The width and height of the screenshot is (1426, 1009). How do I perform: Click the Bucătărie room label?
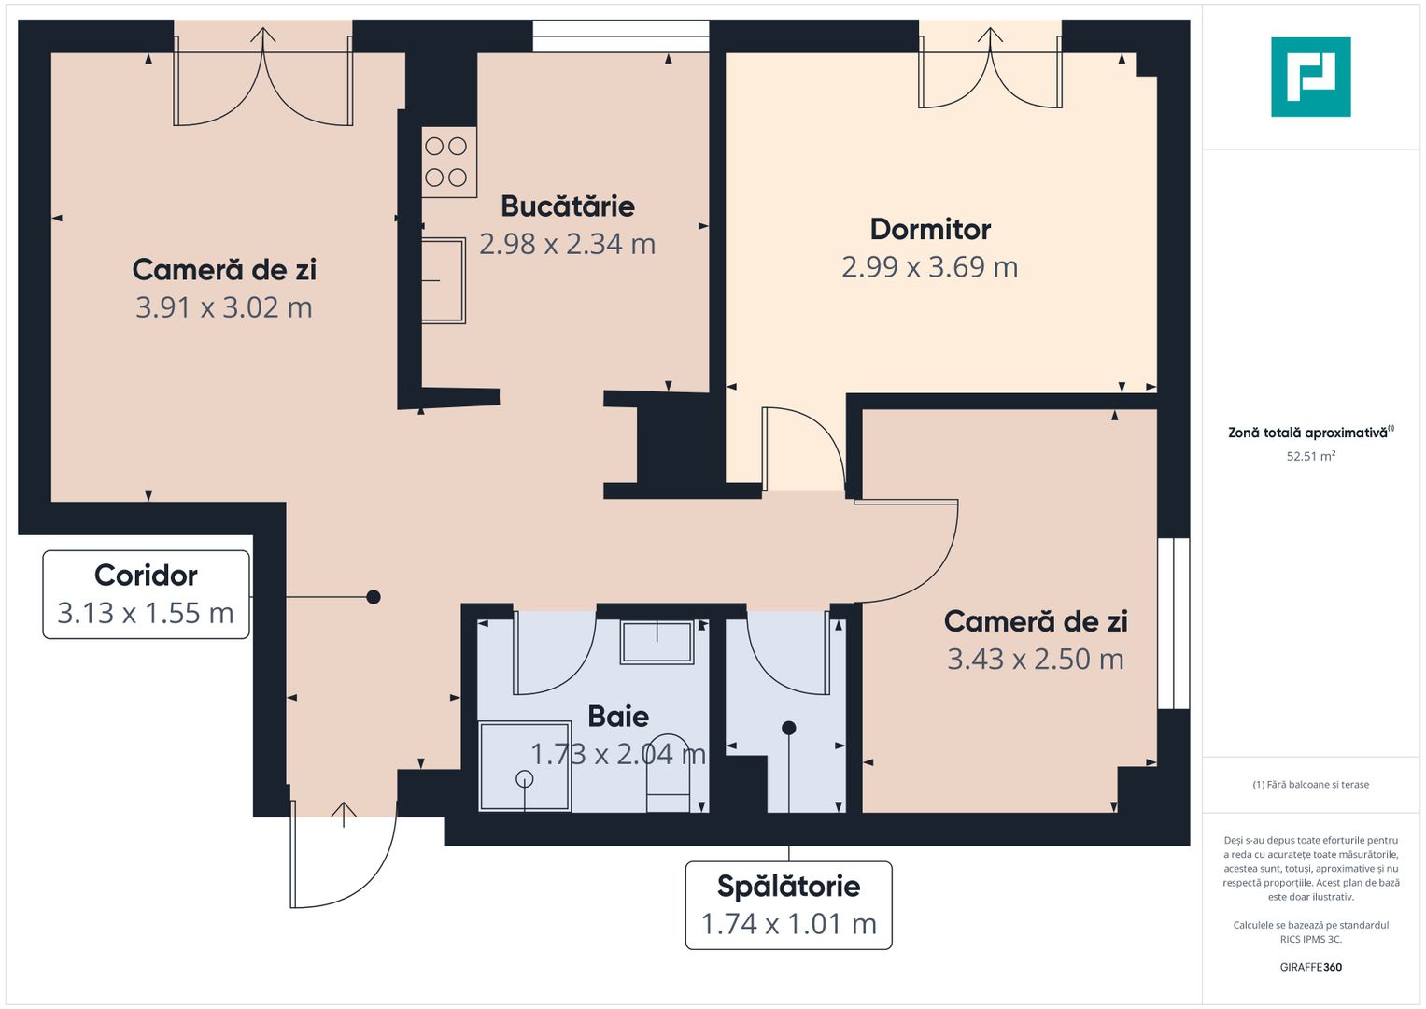point(567,206)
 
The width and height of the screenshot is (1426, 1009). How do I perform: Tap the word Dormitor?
point(930,230)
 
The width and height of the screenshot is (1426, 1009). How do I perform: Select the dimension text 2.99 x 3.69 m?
point(929,267)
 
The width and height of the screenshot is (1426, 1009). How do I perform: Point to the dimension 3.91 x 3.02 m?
point(224,307)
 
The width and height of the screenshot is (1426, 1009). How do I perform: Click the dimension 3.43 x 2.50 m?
point(1036,660)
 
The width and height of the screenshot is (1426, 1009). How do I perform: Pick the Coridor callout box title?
point(146,576)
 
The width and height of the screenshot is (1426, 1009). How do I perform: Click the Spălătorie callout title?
point(788,887)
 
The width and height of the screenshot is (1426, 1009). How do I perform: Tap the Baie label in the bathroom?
point(618,717)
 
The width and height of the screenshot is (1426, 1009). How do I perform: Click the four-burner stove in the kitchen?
point(446,162)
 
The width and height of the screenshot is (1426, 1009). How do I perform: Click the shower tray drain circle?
point(524,778)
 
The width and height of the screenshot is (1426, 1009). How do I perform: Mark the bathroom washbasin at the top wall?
point(657,642)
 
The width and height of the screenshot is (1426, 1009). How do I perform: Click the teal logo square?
point(1310,77)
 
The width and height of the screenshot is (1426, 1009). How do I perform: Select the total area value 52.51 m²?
point(1310,457)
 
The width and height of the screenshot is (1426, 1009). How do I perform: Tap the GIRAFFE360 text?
point(1310,968)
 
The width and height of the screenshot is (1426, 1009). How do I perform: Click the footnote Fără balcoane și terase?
point(1310,785)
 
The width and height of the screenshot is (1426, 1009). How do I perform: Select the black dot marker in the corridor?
point(374,597)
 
